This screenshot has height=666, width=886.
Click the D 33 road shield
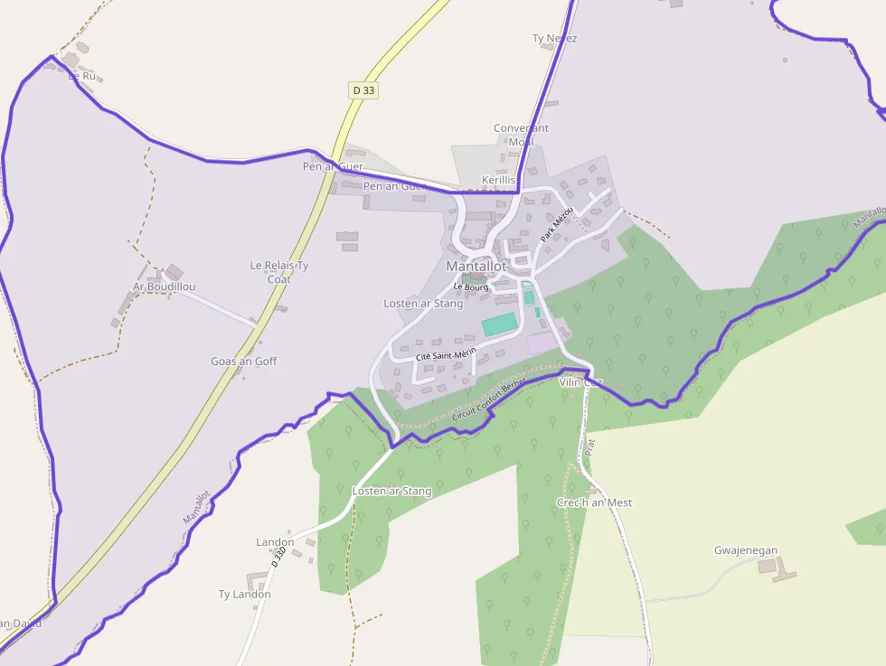[363, 90]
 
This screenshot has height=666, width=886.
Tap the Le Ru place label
[82, 76]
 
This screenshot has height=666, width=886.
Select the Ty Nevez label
[554, 39]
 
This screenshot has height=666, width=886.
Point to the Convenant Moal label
[521, 135]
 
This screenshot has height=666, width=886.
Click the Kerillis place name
[498, 180]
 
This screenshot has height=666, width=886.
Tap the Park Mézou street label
[557, 223]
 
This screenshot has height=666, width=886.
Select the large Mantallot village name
[476, 267]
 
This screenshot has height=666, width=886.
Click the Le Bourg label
[471, 287]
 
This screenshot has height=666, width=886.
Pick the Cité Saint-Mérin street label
[445, 355]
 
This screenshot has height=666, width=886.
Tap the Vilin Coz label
[580, 382]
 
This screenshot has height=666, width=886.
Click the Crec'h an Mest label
[594, 502]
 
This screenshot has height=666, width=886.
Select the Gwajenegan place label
[746, 550]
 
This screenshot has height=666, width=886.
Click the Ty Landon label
[244, 595]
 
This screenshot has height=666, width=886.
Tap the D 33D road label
[279, 557]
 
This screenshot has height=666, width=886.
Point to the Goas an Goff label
[244, 361]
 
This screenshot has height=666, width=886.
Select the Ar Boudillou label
[165, 286]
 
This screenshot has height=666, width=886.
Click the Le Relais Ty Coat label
[279, 272]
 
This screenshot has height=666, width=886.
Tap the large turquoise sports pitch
[499, 324]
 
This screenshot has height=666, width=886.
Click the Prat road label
[589, 446]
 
